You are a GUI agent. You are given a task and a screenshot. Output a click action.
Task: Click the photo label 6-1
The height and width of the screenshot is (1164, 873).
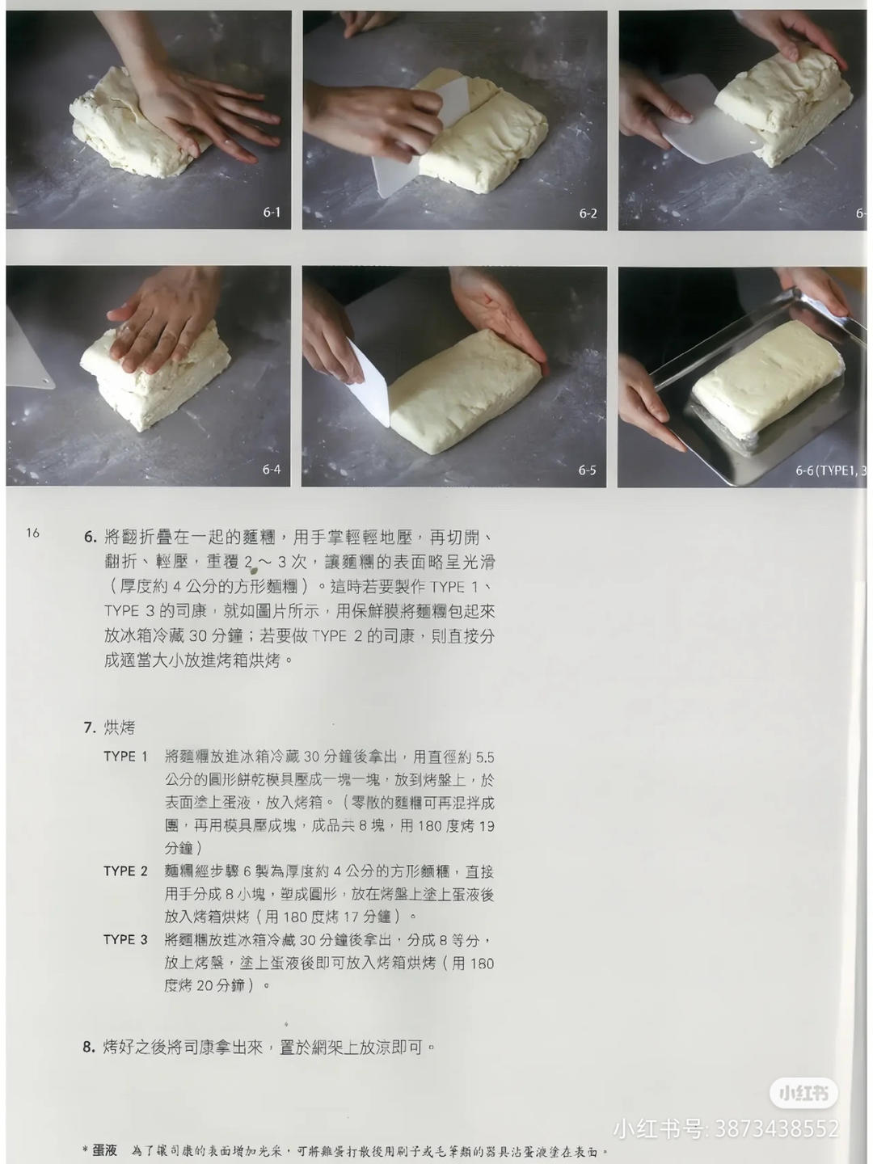point(272,213)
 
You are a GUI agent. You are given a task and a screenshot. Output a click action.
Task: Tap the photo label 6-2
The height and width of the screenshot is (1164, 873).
point(588,213)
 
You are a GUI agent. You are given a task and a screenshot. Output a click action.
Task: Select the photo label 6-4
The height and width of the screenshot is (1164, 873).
point(272,470)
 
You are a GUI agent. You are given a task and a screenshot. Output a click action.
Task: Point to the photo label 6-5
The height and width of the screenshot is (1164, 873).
point(587,470)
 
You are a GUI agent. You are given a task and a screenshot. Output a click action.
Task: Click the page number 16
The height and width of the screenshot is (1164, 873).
point(32,532)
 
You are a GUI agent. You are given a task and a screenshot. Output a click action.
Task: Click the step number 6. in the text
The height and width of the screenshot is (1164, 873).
point(90,538)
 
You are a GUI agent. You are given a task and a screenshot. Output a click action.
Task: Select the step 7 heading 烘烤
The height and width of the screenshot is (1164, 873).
point(120,727)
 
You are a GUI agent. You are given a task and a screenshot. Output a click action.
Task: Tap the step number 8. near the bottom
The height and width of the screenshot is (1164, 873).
point(89,1047)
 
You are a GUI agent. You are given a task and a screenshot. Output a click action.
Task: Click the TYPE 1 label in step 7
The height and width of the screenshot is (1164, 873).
point(125,757)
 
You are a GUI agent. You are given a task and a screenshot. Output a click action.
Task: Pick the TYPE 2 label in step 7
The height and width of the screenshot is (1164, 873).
point(125,871)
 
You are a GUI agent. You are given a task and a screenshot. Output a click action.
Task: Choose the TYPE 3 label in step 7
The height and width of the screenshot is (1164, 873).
point(125,939)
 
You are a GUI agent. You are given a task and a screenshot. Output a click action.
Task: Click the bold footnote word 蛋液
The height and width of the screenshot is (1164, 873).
point(105,1149)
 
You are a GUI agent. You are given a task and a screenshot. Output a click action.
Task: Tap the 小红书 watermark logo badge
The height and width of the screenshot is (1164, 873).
point(803,1093)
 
